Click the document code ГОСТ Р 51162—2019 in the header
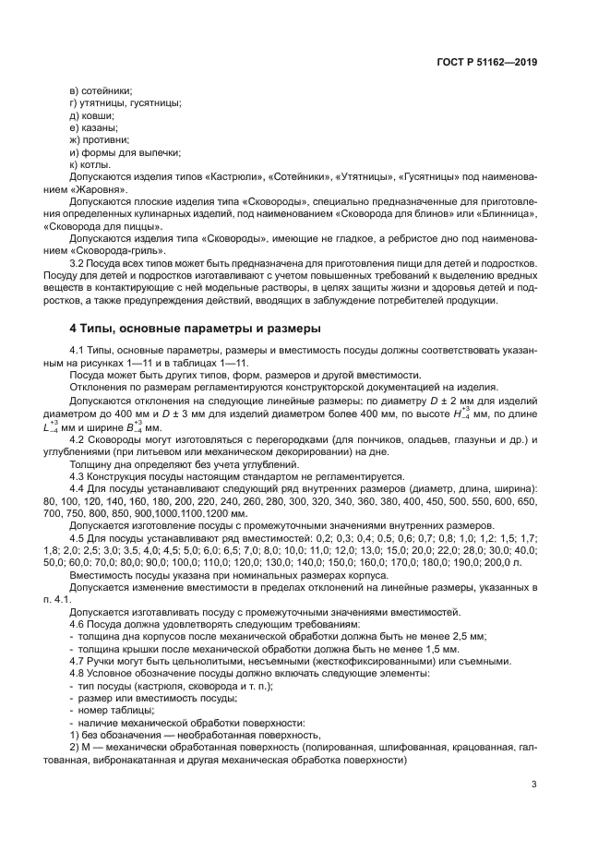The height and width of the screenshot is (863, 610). click(485, 63)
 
